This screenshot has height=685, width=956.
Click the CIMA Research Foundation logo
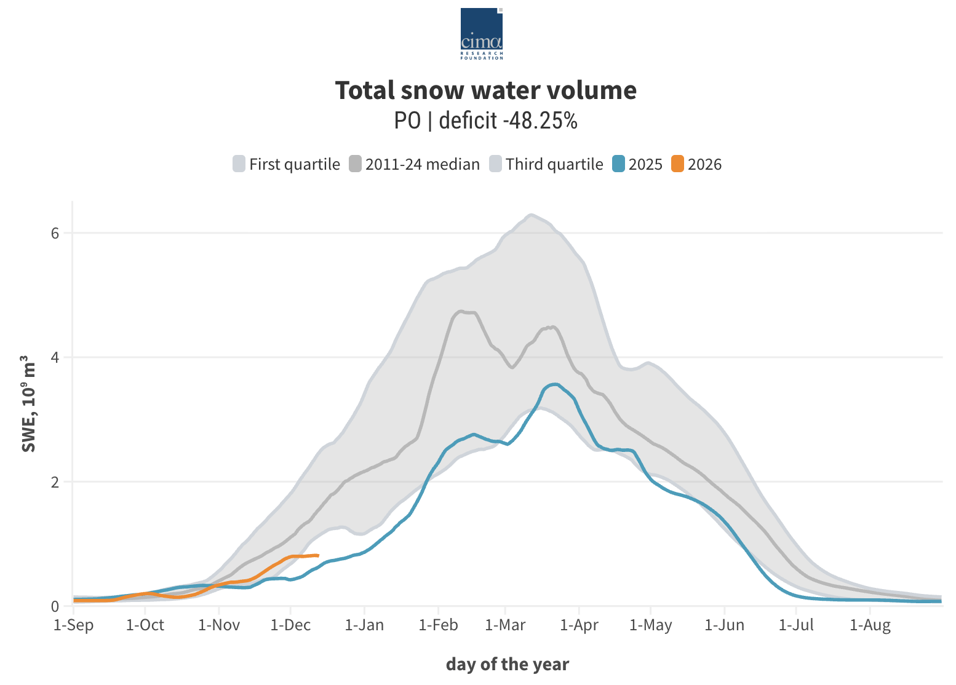click(482, 33)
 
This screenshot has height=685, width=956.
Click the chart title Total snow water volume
click(485, 90)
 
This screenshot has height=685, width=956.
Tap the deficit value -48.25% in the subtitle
click(540, 121)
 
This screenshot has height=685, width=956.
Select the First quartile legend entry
click(286, 164)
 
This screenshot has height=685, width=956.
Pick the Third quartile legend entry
click(546, 164)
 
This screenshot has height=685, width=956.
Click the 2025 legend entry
click(637, 164)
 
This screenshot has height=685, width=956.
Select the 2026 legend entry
click(696, 164)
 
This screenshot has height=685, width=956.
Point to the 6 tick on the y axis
click(55, 233)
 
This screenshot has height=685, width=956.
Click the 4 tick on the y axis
click(55, 357)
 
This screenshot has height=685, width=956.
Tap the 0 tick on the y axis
click(55, 606)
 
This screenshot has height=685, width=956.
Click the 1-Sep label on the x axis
click(74, 625)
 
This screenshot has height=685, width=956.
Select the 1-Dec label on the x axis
click(290, 625)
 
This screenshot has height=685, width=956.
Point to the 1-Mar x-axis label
click(505, 625)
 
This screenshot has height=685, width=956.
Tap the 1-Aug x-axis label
click(870, 625)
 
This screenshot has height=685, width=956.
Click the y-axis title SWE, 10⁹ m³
click(28, 403)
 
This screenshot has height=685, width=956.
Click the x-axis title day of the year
click(508, 664)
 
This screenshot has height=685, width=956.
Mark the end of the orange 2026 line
click(317, 555)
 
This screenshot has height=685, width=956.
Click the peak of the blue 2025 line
click(556, 384)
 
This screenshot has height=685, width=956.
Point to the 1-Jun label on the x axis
click(724, 625)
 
